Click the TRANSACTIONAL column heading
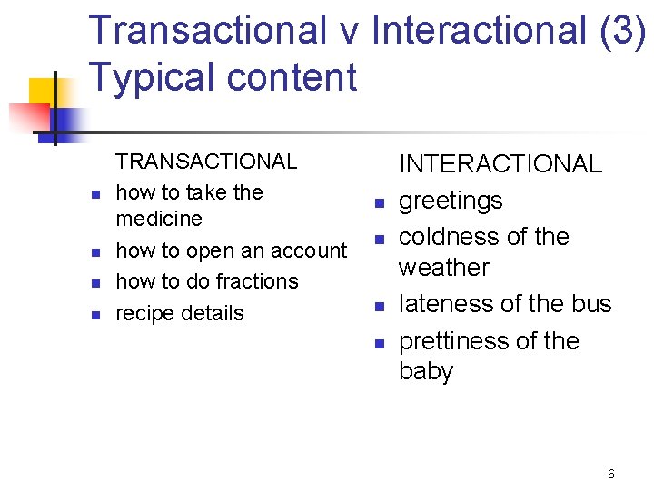pos(206,162)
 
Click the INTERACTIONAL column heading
pos(500,164)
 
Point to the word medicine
pos(159,220)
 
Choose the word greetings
pos(451,201)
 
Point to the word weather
pos(444,268)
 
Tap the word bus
pos(590,304)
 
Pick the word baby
pos(426,372)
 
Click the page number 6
pos(611,474)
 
